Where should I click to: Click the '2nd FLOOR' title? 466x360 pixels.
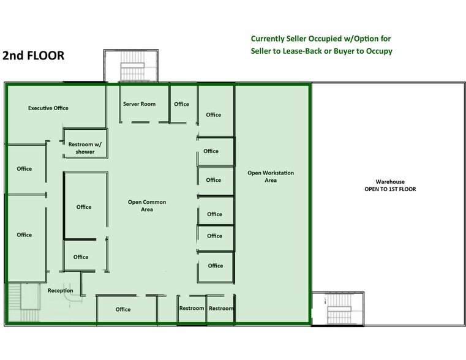tap(34, 56)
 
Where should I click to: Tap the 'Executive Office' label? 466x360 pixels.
tap(48, 108)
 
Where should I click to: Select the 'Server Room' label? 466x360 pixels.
tap(139, 104)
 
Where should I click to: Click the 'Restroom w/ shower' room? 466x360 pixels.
tap(85, 148)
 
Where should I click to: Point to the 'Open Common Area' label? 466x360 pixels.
tap(147, 206)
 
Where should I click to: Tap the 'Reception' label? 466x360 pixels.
tap(61, 291)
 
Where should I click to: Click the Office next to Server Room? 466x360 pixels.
tap(182, 104)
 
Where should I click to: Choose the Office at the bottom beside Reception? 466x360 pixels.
tap(123, 309)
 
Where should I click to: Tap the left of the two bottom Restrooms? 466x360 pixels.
tap(192, 309)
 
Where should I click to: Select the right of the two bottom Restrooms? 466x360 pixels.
tap(221, 309)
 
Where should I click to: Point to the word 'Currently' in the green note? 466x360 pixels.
tap(272, 38)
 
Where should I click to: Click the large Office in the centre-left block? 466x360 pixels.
tap(84, 207)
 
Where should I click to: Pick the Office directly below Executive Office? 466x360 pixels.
tap(24, 169)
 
